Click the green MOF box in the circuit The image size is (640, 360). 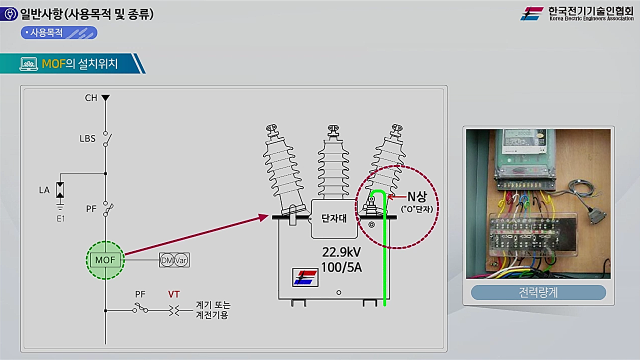[x=105, y=260]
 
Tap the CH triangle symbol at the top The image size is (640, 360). [x=105, y=97]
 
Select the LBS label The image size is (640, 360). [x=87, y=138]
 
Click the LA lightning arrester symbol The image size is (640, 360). [x=60, y=190]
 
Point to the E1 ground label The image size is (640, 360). [x=61, y=219]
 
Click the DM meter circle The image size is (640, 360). [x=167, y=260]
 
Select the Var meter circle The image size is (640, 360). [x=181, y=260]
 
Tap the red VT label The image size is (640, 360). [x=173, y=294]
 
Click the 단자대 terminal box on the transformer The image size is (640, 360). [x=334, y=219]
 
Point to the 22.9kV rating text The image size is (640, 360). [x=341, y=252]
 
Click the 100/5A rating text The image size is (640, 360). [x=341, y=267]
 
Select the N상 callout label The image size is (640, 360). [x=417, y=196]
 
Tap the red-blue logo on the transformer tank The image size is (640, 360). [x=305, y=277]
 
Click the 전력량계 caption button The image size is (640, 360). [x=538, y=292]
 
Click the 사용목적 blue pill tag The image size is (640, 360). [x=59, y=33]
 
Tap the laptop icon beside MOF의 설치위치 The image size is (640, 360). [x=28, y=63]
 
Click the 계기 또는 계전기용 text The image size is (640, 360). [x=213, y=310]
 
